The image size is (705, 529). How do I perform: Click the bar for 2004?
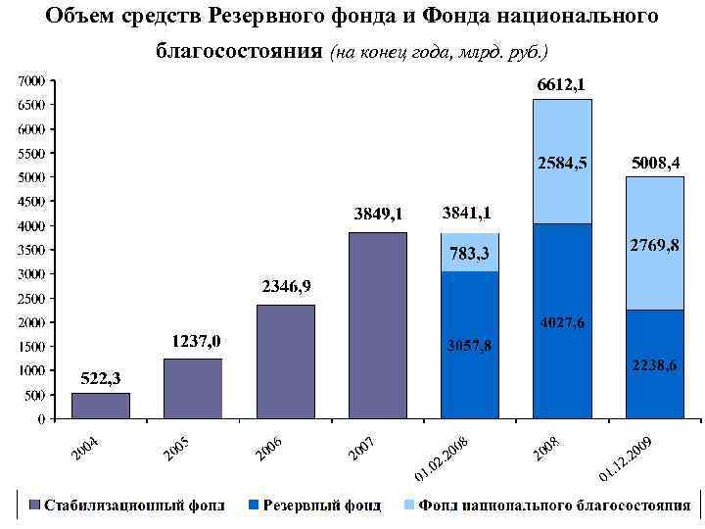(100, 406)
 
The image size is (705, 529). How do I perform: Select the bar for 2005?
(193, 389)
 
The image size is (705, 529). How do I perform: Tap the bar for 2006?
(285, 362)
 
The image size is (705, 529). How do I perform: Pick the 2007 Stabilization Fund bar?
(377, 326)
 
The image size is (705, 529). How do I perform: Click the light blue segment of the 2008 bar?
(562, 162)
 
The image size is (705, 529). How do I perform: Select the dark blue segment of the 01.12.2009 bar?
(654, 364)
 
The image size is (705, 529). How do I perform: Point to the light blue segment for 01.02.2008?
(469, 253)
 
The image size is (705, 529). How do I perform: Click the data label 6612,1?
(562, 85)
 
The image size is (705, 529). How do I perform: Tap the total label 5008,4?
(654, 161)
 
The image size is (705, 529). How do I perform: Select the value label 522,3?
(99, 378)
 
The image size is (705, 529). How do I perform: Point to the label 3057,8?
(469, 346)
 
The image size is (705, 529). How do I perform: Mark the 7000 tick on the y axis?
(32, 80)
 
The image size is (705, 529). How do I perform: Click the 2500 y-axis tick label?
(32, 298)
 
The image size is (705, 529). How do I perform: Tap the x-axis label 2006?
(269, 449)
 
